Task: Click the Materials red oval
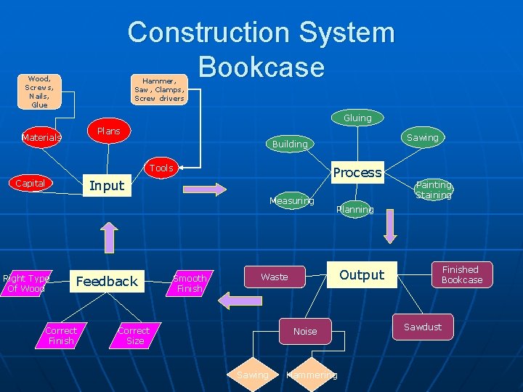point(41,136)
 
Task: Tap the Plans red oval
point(108,131)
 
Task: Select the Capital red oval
point(31,183)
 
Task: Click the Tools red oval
point(161,168)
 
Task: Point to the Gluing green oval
point(357,118)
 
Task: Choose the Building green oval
point(290,144)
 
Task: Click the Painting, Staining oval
point(434,190)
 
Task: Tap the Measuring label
point(291,200)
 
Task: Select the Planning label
point(355,209)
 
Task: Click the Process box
point(357,172)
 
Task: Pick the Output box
point(361,275)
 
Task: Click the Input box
point(106,186)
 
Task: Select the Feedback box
point(107,281)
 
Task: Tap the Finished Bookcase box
point(461,274)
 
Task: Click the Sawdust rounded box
point(423,327)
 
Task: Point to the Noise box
point(305,331)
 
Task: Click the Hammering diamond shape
point(312,375)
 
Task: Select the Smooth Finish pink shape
point(190,283)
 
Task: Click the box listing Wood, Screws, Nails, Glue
point(39,91)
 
